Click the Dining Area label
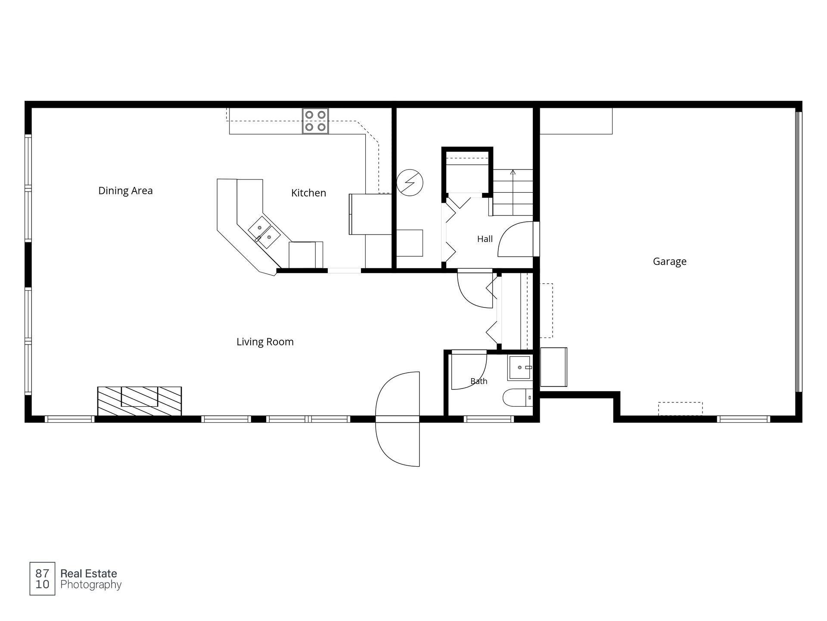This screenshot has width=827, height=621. click(x=125, y=191)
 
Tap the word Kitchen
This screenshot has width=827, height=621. click(x=308, y=193)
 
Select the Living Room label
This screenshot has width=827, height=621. click(x=265, y=342)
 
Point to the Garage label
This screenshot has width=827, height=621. click(x=669, y=261)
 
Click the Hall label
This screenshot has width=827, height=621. click(x=485, y=239)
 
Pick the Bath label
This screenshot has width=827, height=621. click(x=479, y=381)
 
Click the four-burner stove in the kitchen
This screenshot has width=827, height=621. click(x=315, y=121)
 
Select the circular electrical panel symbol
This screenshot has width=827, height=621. click(x=410, y=182)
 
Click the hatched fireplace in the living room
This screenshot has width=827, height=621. click(x=140, y=401)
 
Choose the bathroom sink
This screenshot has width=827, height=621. click(x=520, y=367)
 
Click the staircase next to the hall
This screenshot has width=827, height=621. click(x=513, y=192)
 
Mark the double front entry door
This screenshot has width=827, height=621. click(x=398, y=419)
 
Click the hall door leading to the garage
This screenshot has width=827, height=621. click(x=516, y=239)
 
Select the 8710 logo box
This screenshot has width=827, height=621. click(x=42, y=579)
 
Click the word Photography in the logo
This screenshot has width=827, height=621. click(x=91, y=585)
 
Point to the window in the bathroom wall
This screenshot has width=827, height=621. click(x=489, y=419)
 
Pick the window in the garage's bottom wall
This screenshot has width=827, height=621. click(x=743, y=419)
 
